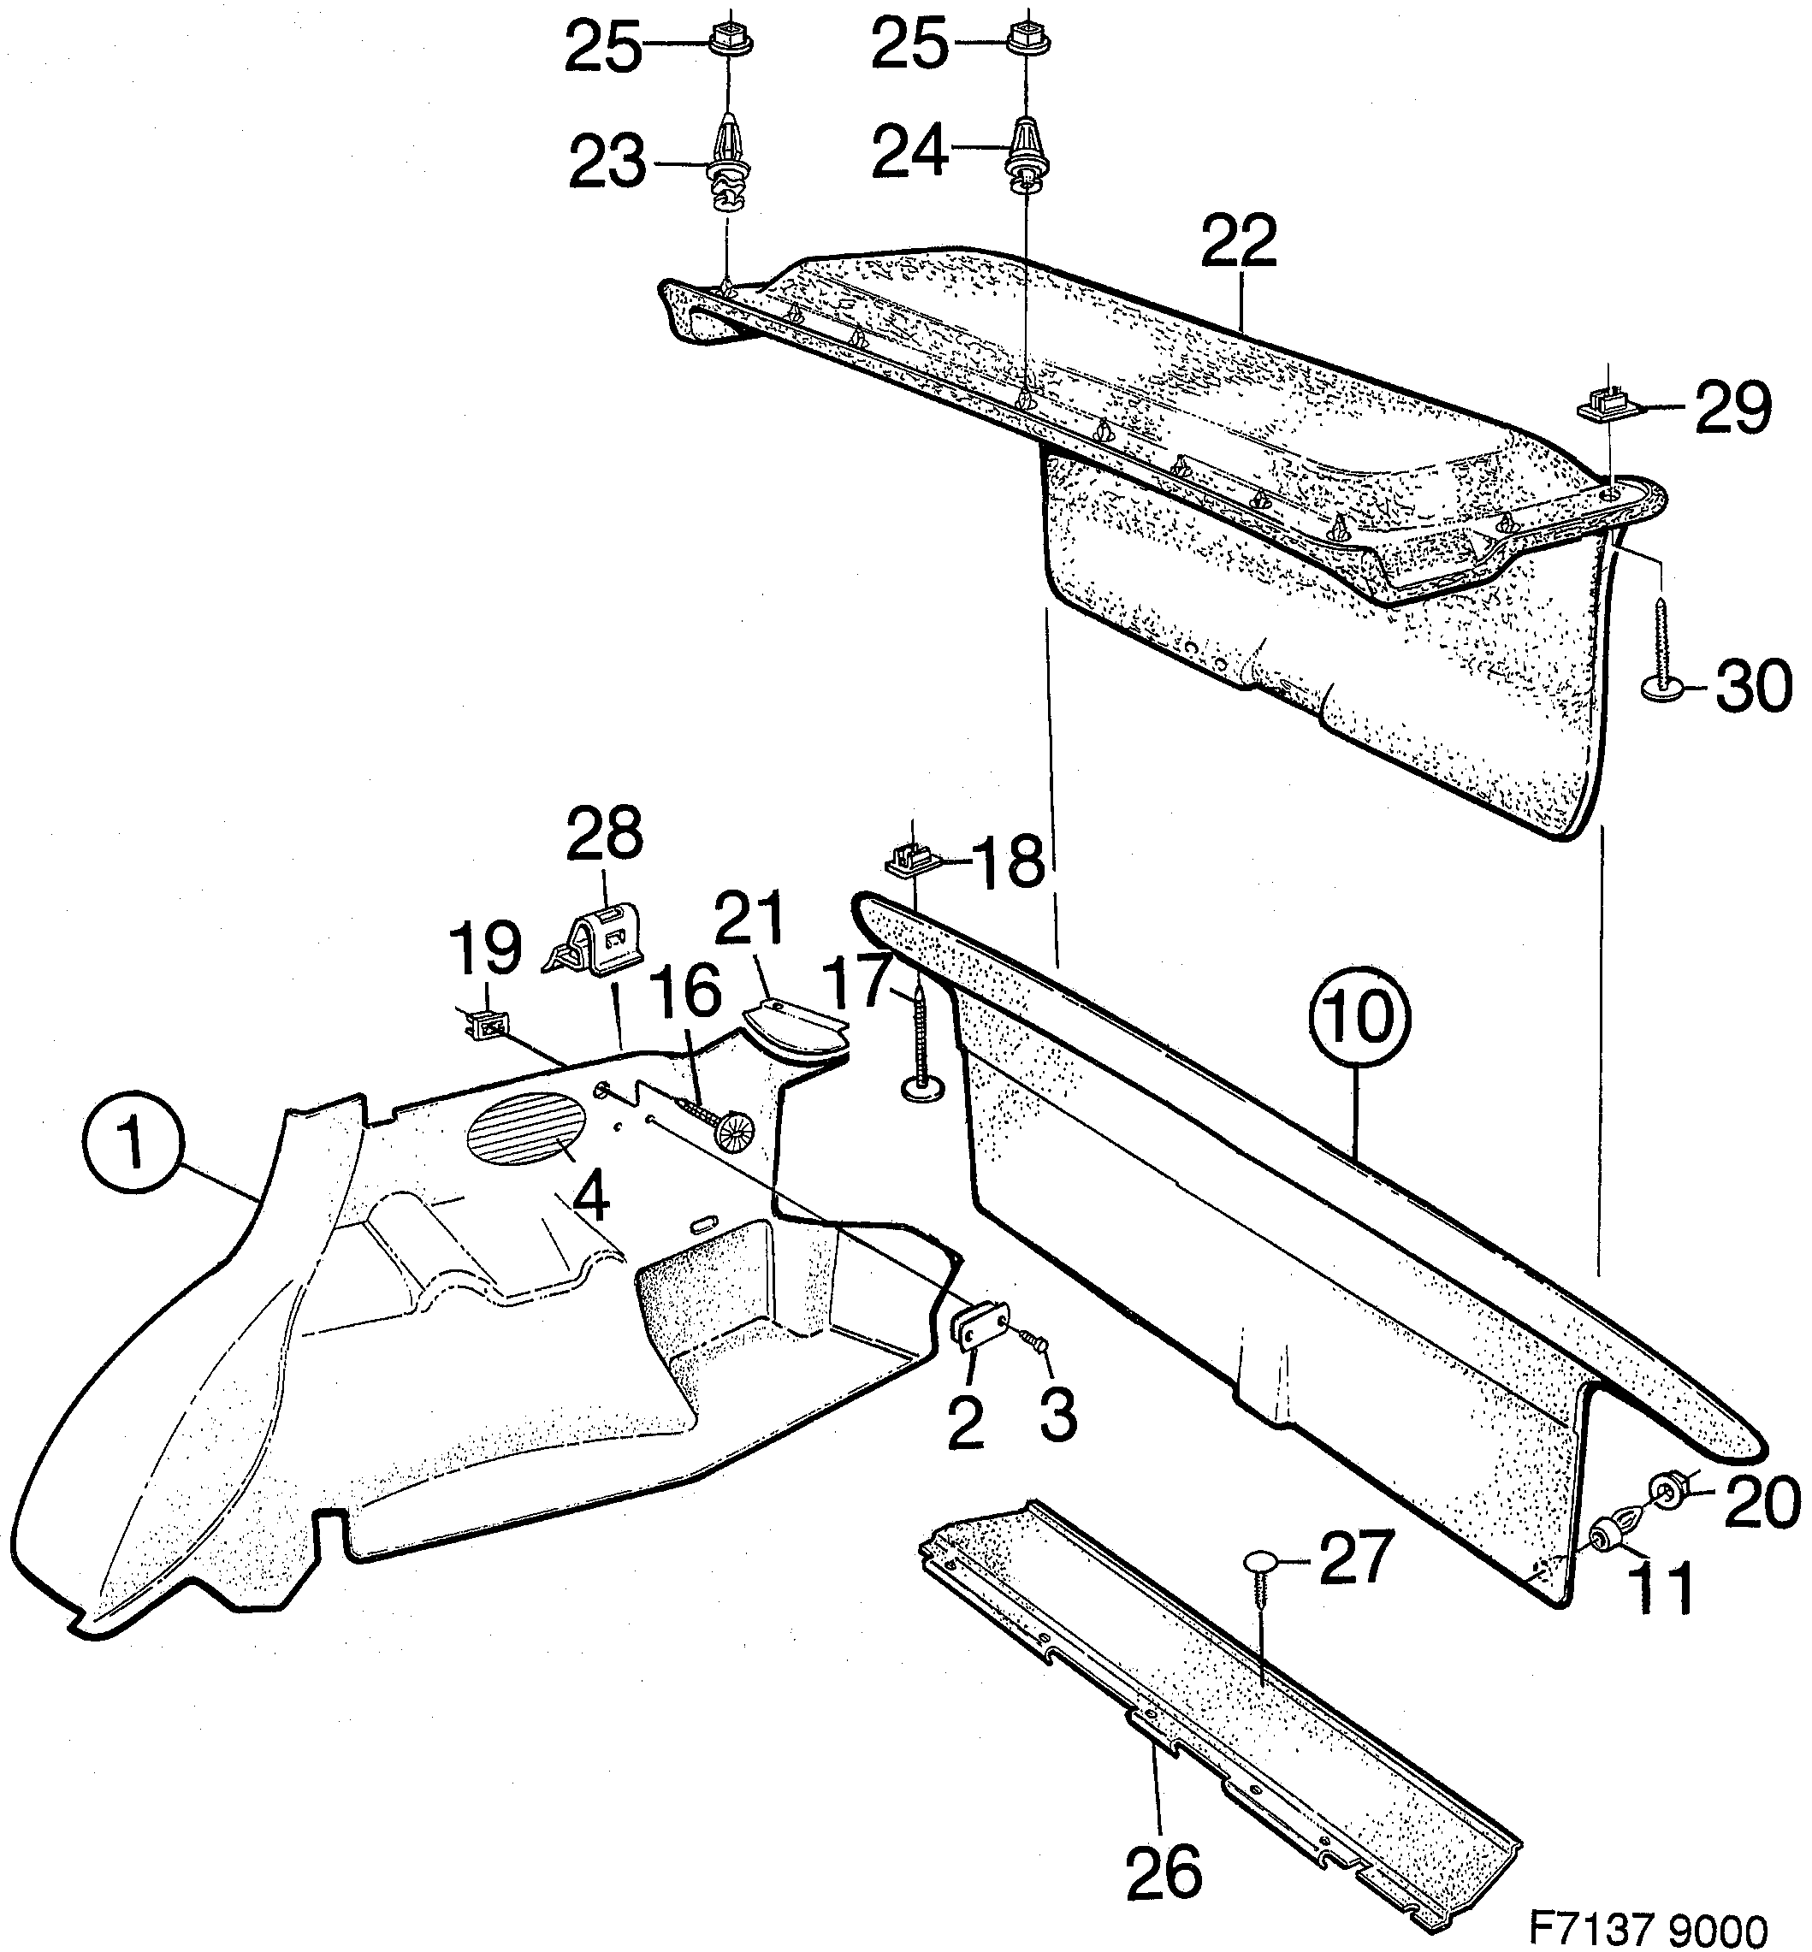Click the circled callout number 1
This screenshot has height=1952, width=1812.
click(x=134, y=1145)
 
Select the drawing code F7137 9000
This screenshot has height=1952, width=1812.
click(x=1647, y=1903)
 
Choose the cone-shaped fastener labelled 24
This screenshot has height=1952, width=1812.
click(x=1027, y=149)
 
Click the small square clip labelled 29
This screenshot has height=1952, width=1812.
click(x=1604, y=403)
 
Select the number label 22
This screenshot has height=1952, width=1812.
click(x=1240, y=241)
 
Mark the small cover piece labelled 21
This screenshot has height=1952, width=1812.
click(x=794, y=1026)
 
